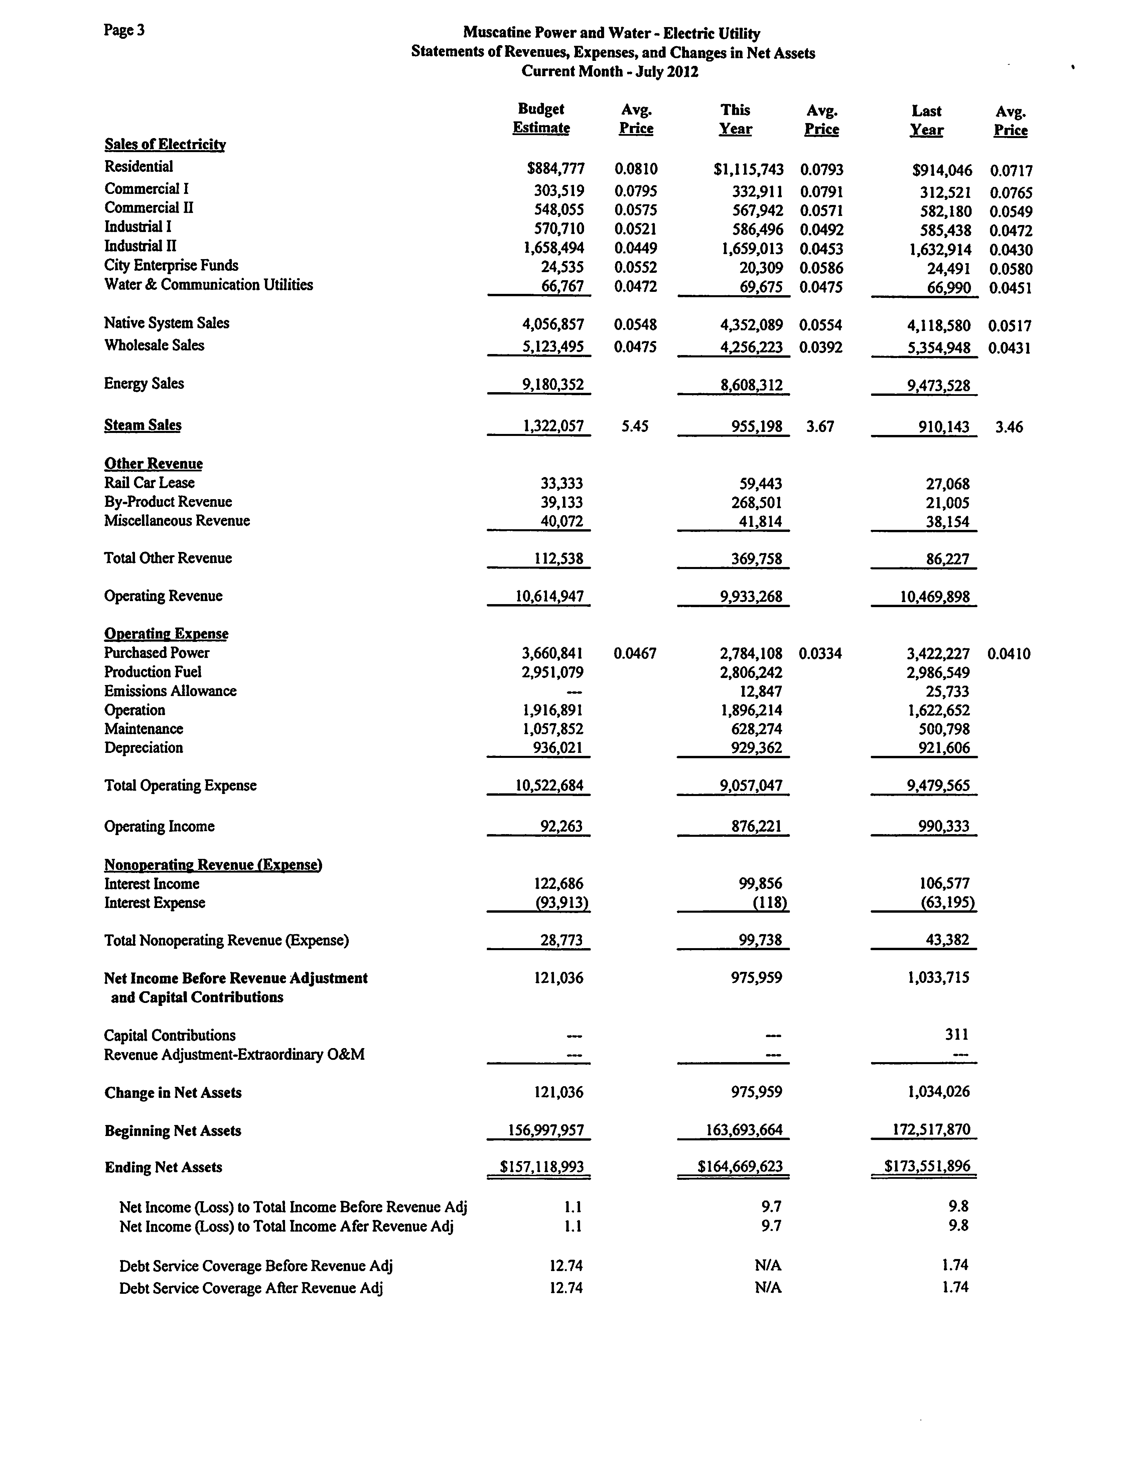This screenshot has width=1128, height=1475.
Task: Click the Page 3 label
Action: tap(124, 30)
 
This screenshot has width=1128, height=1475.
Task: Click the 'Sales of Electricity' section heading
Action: tap(165, 144)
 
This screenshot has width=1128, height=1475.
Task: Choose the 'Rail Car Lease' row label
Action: tap(149, 483)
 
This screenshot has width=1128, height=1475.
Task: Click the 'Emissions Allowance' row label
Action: tap(170, 691)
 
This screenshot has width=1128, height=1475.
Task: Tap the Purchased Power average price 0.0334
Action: tap(821, 654)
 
